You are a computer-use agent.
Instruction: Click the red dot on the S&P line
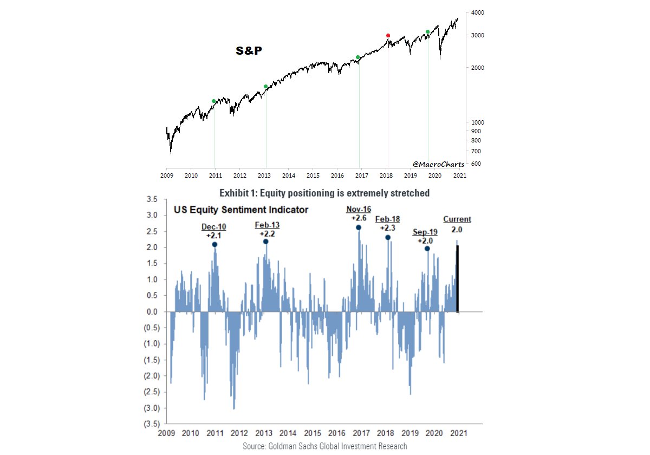click(x=388, y=36)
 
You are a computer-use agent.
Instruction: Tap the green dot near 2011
click(x=214, y=101)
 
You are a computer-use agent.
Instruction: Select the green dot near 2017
click(x=358, y=57)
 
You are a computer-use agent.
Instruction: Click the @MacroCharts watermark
click(x=438, y=164)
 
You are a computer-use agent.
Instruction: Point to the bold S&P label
click(x=249, y=51)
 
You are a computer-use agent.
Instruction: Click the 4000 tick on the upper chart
click(x=477, y=12)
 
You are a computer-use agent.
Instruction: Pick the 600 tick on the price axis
click(x=476, y=164)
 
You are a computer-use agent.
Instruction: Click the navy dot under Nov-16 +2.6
click(x=359, y=227)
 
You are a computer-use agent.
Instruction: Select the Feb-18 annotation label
click(x=388, y=219)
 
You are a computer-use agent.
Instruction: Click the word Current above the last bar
click(x=457, y=219)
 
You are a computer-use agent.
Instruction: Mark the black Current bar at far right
click(x=458, y=279)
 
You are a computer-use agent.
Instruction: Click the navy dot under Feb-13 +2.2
click(x=266, y=242)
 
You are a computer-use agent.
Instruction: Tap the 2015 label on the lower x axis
click(x=313, y=434)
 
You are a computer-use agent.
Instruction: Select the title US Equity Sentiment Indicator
click(x=240, y=210)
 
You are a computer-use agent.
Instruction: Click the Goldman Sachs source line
click(x=325, y=446)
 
